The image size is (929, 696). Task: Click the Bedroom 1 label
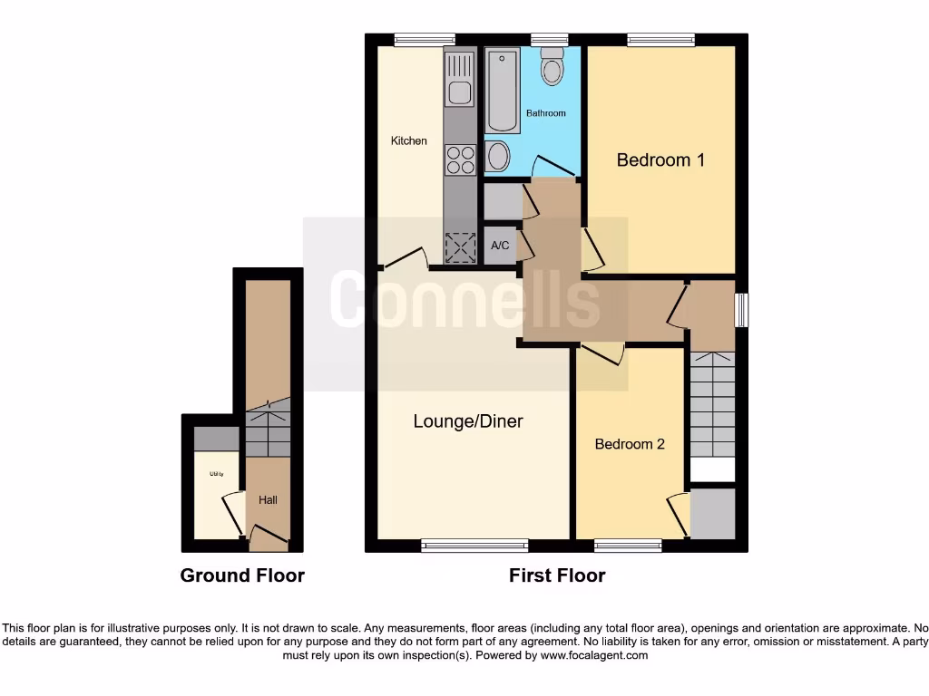click(660, 160)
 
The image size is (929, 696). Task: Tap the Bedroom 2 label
click(630, 444)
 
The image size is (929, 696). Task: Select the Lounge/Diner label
click(467, 421)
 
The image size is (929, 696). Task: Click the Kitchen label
click(408, 140)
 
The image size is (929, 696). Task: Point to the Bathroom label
click(546, 113)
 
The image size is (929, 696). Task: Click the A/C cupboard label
click(500, 246)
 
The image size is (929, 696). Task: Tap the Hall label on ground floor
click(268, 499)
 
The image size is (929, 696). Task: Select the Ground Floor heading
click(242, 575)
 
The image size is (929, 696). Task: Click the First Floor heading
click(557, 575)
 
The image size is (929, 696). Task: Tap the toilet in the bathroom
click(552, 66)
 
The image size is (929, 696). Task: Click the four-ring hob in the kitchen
click(460, 159)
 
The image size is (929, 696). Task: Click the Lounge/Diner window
click(474, 546)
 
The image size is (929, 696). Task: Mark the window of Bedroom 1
click(660, 39)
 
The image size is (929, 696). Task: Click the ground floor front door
click(269, 542)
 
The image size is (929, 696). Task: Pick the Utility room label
click(217, 474)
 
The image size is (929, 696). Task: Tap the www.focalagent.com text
click(593, 655)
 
